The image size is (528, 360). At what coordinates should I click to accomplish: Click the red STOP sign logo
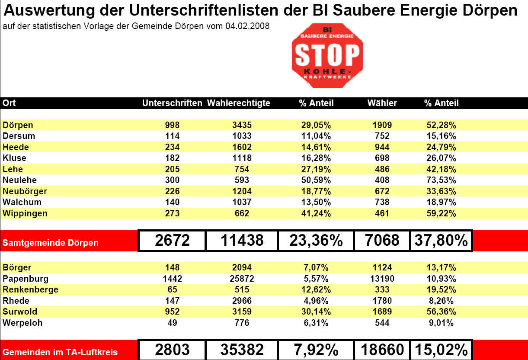[327, 56]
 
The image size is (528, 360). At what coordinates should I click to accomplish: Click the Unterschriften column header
[172, 103]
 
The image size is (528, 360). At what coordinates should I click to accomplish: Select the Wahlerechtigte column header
[239, 103]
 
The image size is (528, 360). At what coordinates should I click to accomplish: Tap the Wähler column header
[382, 103]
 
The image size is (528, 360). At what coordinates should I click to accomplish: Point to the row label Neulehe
[19, 180]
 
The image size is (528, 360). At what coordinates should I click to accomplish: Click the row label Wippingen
[25, 213]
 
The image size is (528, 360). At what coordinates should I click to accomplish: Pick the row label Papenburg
[26, 279]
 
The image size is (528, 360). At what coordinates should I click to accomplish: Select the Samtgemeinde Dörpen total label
[51, 243]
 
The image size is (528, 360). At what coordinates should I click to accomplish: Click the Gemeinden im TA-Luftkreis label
[60, 352]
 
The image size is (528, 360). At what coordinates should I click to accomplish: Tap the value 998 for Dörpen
[172, 125]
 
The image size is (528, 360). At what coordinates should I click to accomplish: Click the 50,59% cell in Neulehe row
[316, 180]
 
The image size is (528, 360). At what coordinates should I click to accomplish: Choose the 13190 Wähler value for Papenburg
[382, 279]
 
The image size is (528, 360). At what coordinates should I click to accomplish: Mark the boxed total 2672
[172, 241]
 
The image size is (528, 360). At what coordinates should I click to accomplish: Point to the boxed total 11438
[242, 241]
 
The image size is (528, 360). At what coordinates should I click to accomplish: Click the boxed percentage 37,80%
[441, 241]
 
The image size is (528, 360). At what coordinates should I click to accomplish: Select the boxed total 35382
[242, 350]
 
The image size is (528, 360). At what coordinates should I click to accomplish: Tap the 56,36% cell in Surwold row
[441, 312]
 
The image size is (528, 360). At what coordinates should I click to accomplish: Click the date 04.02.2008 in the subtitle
[247, 26]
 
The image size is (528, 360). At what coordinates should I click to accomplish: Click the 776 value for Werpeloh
[242, 323]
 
